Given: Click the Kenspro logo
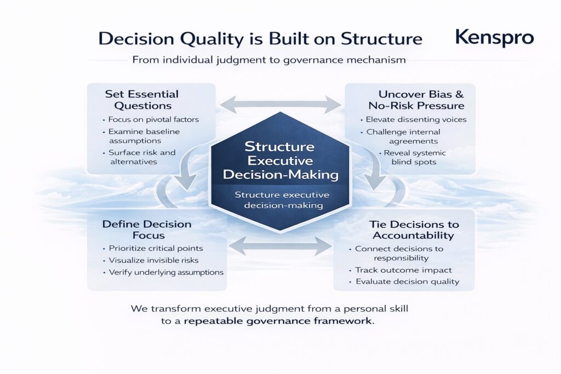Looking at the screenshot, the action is [495, 38].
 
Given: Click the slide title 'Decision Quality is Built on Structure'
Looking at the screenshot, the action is [260, 39].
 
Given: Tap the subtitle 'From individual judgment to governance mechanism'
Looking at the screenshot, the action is [269, 60].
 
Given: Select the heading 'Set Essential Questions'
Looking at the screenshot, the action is [142, 100].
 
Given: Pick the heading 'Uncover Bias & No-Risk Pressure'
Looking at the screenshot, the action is [417, 100].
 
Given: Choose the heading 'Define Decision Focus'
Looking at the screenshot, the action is [147, 229].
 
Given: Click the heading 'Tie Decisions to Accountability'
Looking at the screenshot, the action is [414, 229].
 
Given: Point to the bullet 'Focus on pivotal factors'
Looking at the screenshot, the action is [153, 119].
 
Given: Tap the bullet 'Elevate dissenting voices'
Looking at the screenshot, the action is [416, 119].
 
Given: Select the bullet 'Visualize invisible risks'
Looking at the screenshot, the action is [153, 260].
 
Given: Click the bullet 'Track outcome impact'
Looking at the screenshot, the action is [403, 270].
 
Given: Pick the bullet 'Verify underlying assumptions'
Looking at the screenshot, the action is [166, 273].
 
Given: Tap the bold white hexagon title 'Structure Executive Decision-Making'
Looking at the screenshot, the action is [280, 160].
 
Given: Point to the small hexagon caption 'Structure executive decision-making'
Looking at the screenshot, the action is [282, 200].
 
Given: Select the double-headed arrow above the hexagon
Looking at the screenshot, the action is [280, 105].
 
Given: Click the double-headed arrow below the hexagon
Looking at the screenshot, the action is [280, 246].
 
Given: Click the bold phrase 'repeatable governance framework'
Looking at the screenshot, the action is [278, 321].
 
